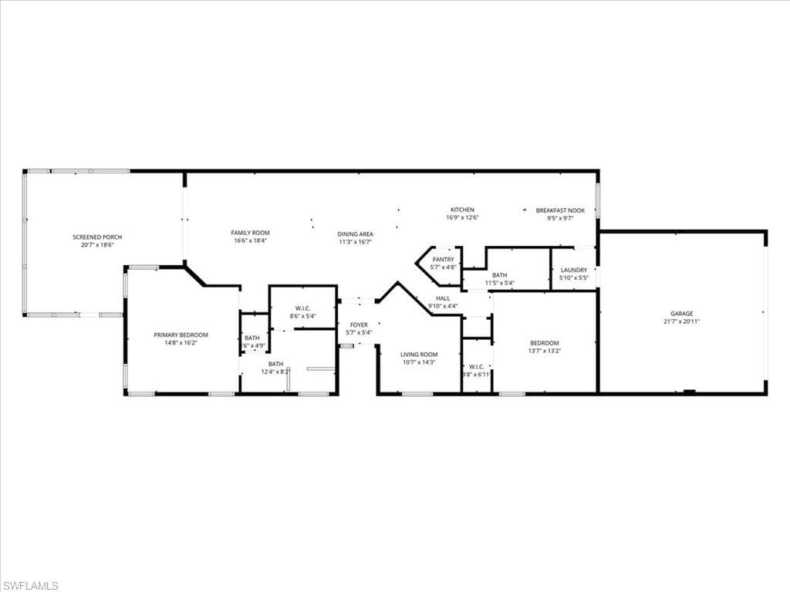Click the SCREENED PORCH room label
tap(97, 237)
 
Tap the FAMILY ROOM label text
tap(250, 232)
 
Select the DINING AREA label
tap(355, 234)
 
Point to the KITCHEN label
tap(462, 210)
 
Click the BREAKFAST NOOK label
tap(560, 210)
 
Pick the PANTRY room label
tap(443, 260)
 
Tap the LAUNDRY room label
tap(573, 270)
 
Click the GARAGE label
tap(681, 314)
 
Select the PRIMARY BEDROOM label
tap(181, 335)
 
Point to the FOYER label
tap(359, 325)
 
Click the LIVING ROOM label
tap(419, 355)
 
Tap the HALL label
tap(443, 298)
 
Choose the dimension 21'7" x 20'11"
tap(681, 321)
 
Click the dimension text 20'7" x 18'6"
tap(97, 244)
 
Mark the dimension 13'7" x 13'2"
tap(544, 351)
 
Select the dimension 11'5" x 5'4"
tap(499, 283)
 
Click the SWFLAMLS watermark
tap(30, 586)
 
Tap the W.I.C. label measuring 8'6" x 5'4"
tap(302, 308)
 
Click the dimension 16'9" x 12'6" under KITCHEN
tap(462, 217)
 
